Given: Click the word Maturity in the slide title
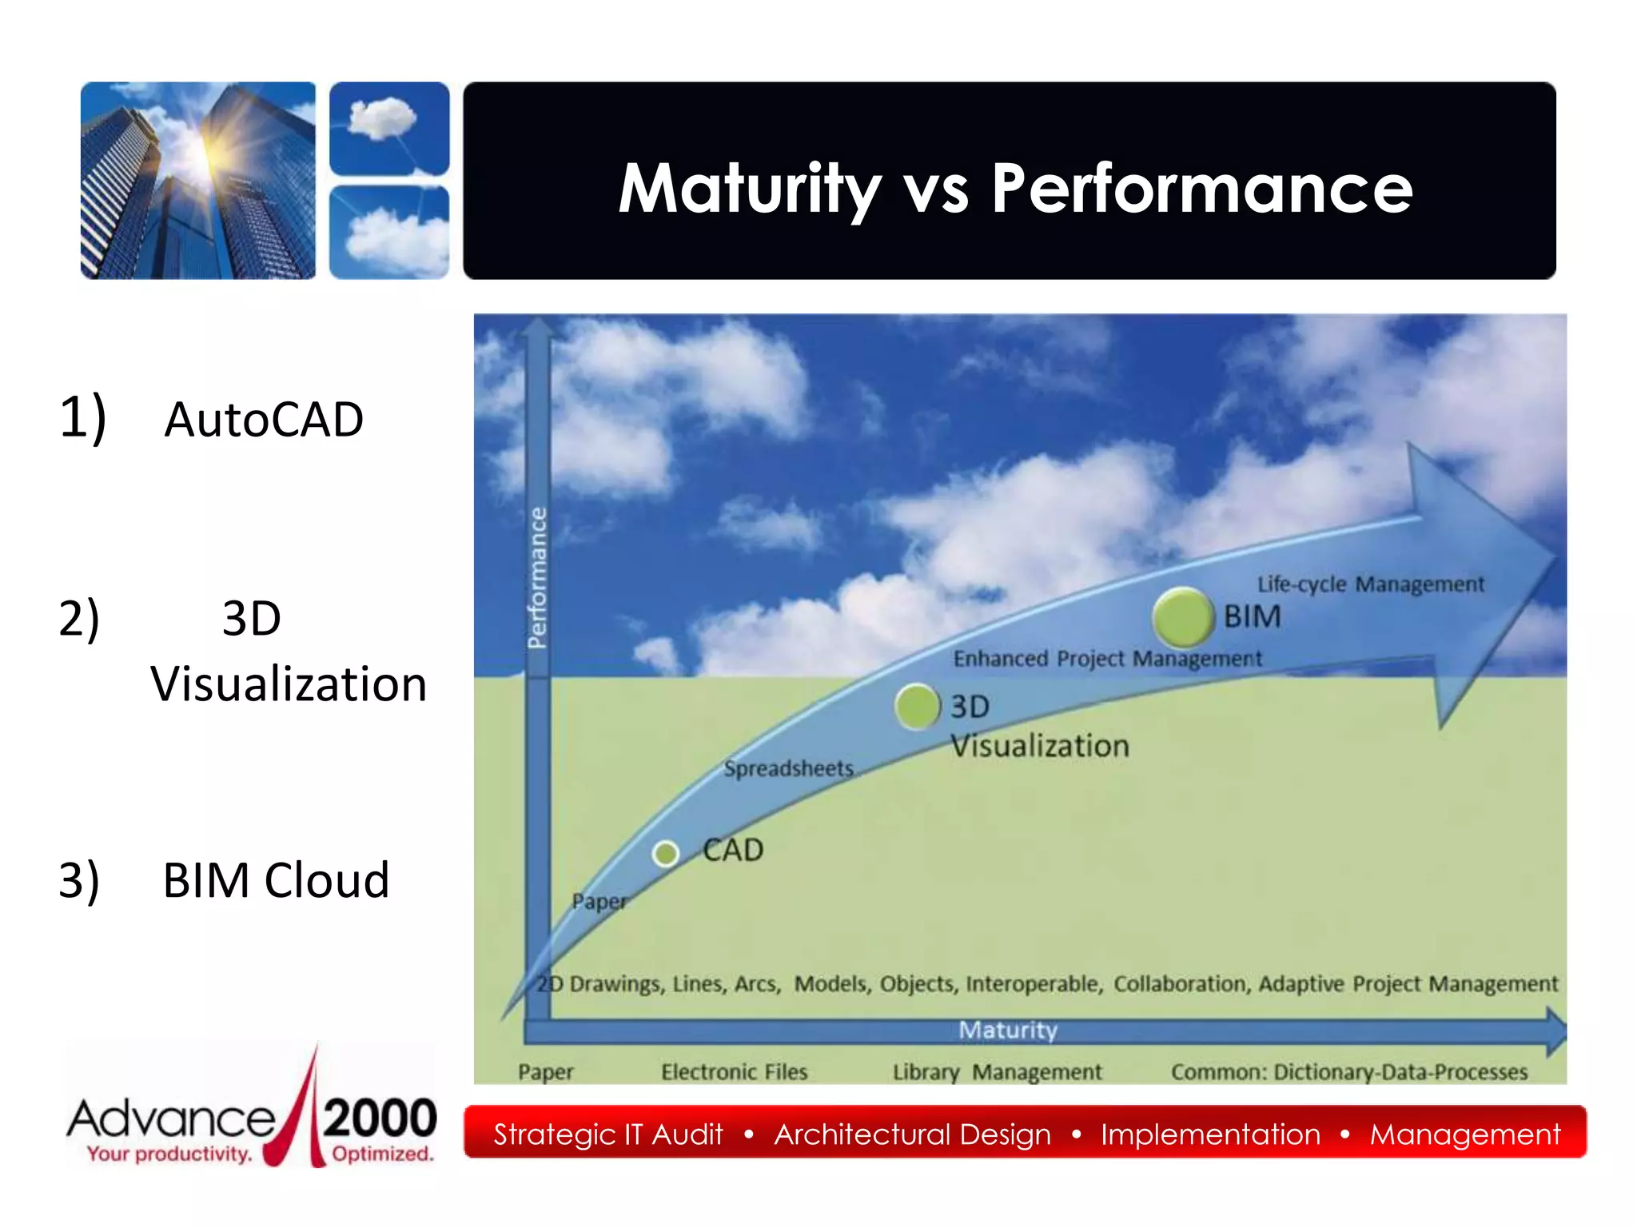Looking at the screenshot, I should point(749,189).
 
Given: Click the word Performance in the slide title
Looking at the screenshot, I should point(1201,189).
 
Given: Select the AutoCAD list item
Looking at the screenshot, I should point(263,420).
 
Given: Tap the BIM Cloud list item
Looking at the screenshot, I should point(275,880).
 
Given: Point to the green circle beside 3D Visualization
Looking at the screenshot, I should point(917,706).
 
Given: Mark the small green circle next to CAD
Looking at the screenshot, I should point(665,854).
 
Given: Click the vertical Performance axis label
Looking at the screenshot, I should point(538,577).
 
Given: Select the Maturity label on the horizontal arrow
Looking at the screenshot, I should point(1007,1030).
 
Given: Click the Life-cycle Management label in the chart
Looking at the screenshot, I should point(1370,584).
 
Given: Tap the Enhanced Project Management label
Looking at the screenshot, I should point(1107,659).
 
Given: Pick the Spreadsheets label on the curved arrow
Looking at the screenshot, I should point(788,768).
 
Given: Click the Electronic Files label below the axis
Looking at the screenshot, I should point(734,1071).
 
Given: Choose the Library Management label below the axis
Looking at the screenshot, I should point(997,1071).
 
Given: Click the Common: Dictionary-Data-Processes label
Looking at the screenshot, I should point(1348,1071).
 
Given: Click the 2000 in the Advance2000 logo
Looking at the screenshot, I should point(380,1118).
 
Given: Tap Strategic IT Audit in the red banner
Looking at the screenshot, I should point(607,1134).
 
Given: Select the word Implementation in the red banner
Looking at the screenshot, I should point(1210,1134).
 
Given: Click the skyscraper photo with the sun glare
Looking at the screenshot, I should point(198,181).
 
